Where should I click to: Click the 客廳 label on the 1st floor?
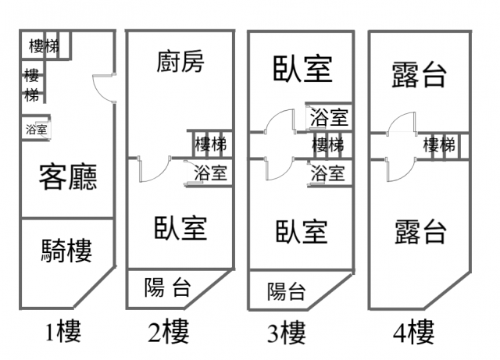[x=69, y=179]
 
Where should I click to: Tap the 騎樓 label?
[x=66, y=251]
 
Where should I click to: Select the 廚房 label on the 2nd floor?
[x=180, y=61]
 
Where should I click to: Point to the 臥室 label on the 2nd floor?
[x=180, y=227]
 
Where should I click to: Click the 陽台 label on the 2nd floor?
[x=167, y=288]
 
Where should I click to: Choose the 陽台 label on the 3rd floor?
[x=287, y=292]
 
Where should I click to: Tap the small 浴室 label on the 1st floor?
[x=36, y=130]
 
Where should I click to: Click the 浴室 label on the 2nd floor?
[x=210, y=173]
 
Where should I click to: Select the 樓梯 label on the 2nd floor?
[x=210, y=144]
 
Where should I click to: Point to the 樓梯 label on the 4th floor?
[x=439, y=144]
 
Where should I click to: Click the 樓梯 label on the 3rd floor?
[x=328, y=144]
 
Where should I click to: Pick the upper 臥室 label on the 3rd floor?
[x=302, y=70]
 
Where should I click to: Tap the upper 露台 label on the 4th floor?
[x=419, y=75]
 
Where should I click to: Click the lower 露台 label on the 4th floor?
[x=420, y=232]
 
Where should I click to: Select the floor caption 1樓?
[x=62, y=333]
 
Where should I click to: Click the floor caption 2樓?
[x=169, y=333]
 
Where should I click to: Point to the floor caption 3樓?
[x=286, y=334]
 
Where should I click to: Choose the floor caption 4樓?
[x=414, y=334]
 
